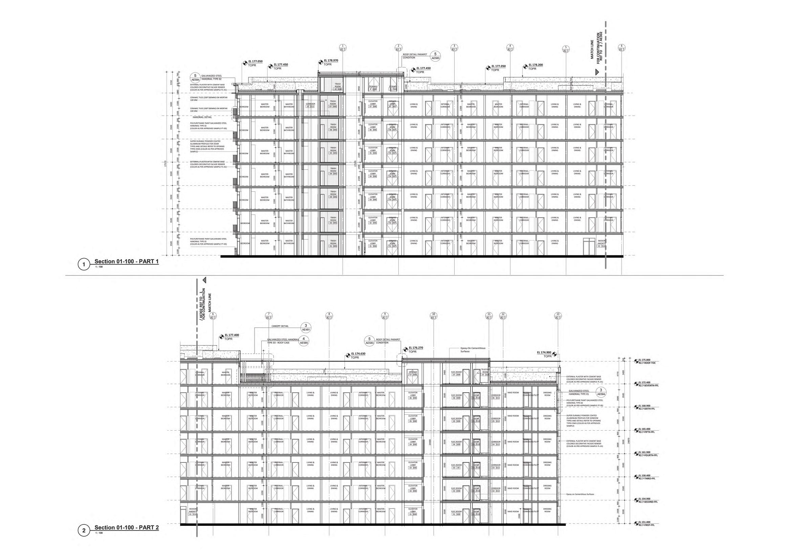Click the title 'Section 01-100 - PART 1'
point(126,262)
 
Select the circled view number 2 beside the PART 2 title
point(83,531)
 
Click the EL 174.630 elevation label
point(358,353)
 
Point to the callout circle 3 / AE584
point(601,392)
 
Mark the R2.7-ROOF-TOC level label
point(647,363)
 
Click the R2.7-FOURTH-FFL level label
point(648,455)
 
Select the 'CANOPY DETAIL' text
point(280,326)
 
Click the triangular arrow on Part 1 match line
point(597,72)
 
